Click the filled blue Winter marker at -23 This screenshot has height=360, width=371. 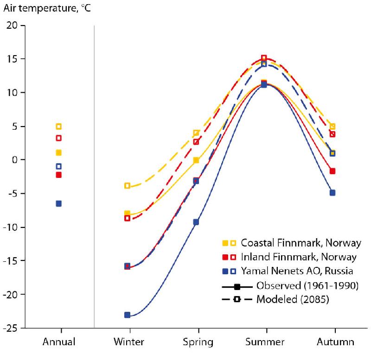point(127,315)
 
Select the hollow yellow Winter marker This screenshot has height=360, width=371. point(127,186)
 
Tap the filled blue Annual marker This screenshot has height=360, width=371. point(59,203)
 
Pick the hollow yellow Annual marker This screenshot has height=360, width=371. point(59,126)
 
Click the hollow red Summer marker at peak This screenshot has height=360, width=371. point(264,58)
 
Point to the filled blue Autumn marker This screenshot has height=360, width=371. point(333,193)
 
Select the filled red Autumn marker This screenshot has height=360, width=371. point(333,171)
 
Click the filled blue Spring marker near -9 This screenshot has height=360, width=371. point(196,222)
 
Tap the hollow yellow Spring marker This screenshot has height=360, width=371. point(196,133)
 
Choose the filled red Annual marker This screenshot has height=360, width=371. point(59,175)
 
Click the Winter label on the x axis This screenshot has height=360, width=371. point(128,342)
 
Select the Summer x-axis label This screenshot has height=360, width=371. point(266,342)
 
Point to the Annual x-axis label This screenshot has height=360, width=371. point(59,342)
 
